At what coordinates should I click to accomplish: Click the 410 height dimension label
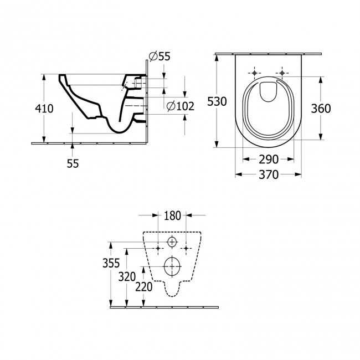pos(44,109)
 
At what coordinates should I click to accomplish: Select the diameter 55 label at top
pos(160,56)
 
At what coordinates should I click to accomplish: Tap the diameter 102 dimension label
pos(181,106)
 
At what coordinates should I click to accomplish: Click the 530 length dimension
pos(217,101)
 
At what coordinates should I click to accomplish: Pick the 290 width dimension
pos(269,160)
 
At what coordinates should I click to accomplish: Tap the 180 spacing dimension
pos(172,215)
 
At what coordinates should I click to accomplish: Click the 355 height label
pos(111,264)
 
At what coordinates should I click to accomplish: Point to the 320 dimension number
pos(128,276)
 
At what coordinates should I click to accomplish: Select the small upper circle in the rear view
pos(172,242)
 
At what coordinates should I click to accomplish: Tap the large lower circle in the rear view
pos(172,266)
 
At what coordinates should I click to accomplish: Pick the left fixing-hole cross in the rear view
pos(158,247)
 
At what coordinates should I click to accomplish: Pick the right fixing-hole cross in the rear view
pos(187,247)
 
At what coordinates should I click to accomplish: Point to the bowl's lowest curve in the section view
pos(118,131)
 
